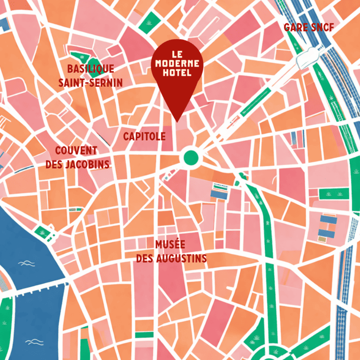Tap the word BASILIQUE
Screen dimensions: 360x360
click(x=90, y=69)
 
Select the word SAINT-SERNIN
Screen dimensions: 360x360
click(x=90, y=83)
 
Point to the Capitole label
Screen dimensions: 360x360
click(x=144, y=136)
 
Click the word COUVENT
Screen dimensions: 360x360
click(x=76, y=151)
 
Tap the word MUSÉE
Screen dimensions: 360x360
click(x=169, y=244)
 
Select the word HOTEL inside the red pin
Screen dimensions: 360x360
click(x=177, y=73)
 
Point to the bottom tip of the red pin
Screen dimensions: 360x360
click(x=177, y=121)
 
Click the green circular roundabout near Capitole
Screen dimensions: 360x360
click(x=191, y=156)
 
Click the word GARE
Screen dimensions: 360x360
click(x=295, y=27)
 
